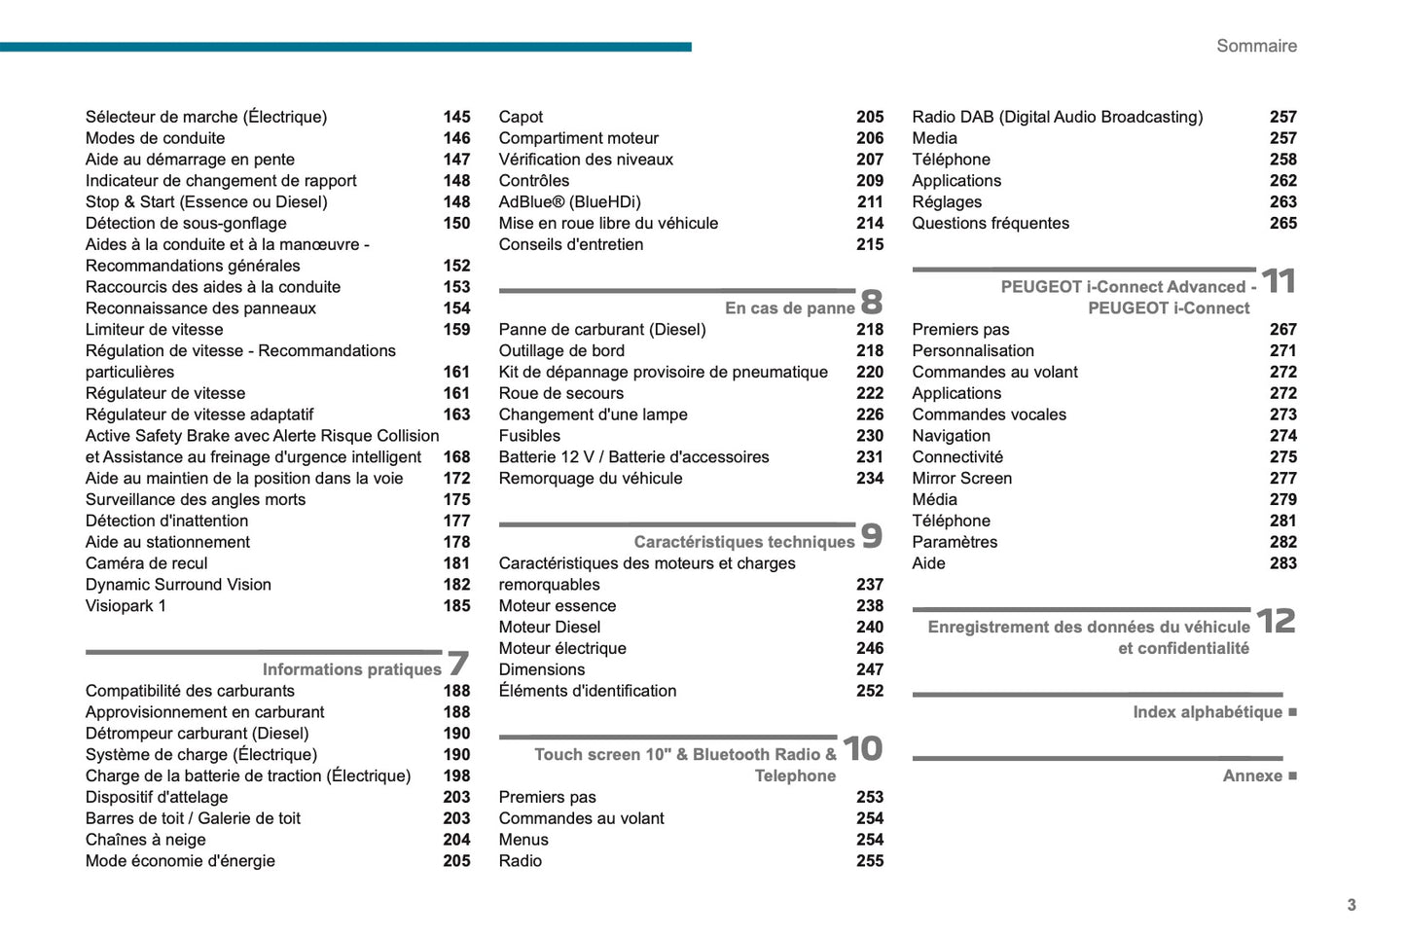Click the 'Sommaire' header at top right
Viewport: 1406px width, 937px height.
[1256, 46]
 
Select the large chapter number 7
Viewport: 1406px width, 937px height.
[458, 664]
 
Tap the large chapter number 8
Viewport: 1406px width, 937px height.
[872, 302]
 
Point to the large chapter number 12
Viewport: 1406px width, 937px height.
[1276, 621]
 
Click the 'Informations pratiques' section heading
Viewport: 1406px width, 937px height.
[351, 669]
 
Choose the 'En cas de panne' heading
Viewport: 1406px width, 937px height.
[789, 308]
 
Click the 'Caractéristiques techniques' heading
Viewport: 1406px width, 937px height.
[743, 542]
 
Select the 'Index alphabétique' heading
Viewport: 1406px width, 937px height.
[1207, 712]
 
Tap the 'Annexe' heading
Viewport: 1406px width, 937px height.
[1252, 775]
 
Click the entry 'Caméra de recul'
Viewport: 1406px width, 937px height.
[146, 563]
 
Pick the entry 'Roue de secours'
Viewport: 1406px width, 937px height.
[560, 393]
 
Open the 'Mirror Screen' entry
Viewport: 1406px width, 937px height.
[961, 479]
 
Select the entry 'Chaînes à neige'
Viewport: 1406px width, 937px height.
[145, 840]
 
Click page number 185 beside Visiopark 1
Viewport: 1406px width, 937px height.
[456, 606]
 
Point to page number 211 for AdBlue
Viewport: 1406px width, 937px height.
[870, 202]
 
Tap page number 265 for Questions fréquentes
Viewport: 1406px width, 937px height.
[1282, 224]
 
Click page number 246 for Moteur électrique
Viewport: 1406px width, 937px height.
[870, 649]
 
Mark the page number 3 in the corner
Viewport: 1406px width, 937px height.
[1351, 905]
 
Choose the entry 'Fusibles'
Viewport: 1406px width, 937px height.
[529, 436]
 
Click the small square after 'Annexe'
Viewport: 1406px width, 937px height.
[1292, 775]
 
